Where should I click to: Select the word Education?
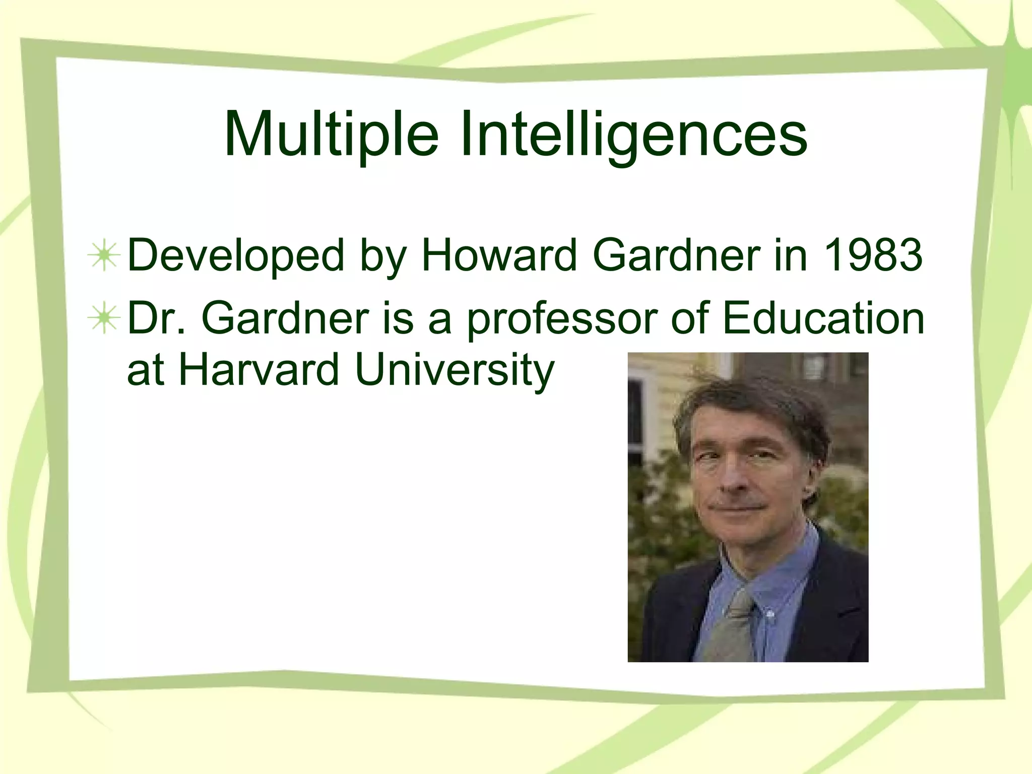823,318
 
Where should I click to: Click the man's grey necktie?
731,625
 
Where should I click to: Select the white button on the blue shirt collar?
769,614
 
